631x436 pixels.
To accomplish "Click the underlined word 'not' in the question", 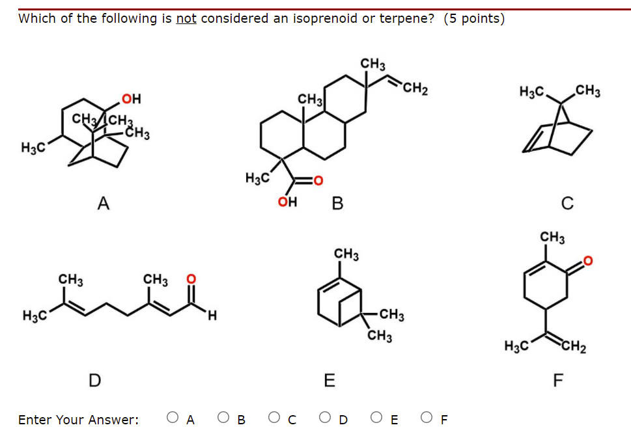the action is pos(186,18).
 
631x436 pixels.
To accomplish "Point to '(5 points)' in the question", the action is pos(474,18).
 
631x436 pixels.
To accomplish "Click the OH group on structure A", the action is pos(132,100).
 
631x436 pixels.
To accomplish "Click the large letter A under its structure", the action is pos(103,204).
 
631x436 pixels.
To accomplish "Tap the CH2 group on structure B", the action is pos(415,89).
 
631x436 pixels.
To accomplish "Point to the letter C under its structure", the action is pos(567,204).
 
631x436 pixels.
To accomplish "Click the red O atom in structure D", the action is pos(191,279).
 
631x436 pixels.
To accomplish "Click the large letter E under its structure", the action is pos(330,381).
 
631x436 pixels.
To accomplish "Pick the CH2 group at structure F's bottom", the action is pos(574,346).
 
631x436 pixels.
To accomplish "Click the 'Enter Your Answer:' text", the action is pos(78,420).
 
